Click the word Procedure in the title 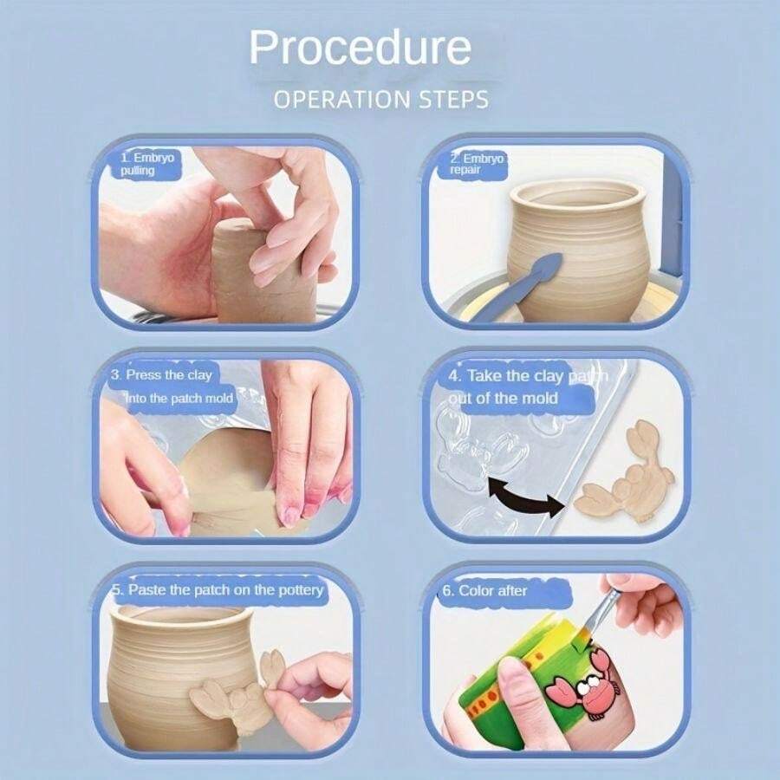[360, 47]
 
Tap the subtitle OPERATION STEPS [381, 100]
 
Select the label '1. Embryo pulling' [147, 164]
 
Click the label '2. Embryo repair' [477, 164]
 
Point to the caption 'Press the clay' [169, 374]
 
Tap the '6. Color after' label [484, 590]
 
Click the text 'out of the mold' [503, 398]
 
